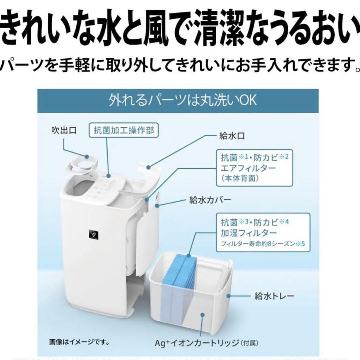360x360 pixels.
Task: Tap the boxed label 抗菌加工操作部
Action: [123, 131]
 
